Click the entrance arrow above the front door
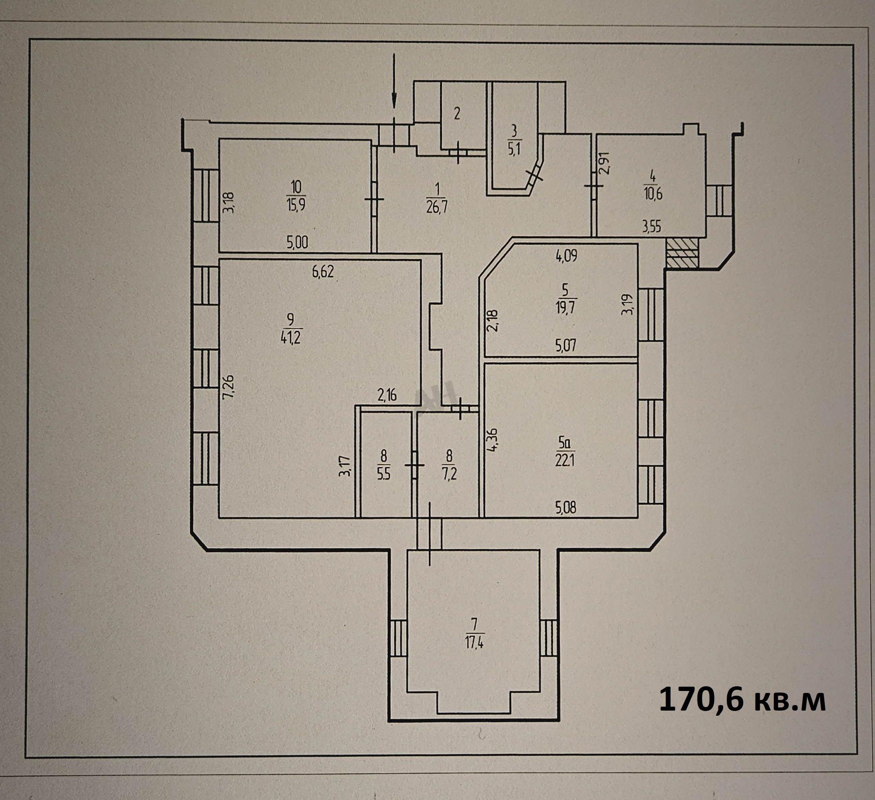394,81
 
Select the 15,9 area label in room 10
296,204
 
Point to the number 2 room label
457,114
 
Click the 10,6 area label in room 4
653,193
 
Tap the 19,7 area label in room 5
565,307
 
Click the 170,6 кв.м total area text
742,700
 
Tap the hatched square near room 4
682,253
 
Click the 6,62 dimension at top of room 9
323,272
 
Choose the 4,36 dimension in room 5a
492,440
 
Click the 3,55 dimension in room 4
652,227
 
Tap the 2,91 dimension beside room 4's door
604,163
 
